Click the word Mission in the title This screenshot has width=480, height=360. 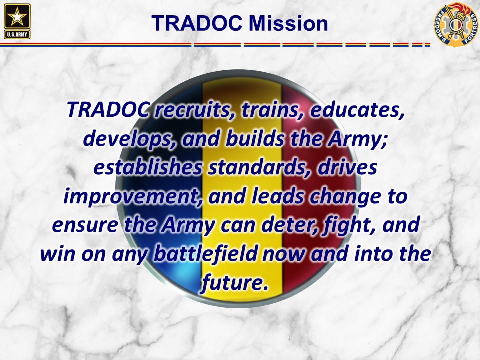[x=288, y=23]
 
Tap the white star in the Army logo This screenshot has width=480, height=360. [x=17, y=17]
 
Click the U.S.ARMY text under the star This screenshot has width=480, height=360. [x=17, y=34]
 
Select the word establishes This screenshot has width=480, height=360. [x=148, y=168]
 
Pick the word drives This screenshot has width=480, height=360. [x=347, y=168]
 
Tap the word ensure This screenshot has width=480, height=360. [x=85, y=225]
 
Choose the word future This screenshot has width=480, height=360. [x=235, y=283]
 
